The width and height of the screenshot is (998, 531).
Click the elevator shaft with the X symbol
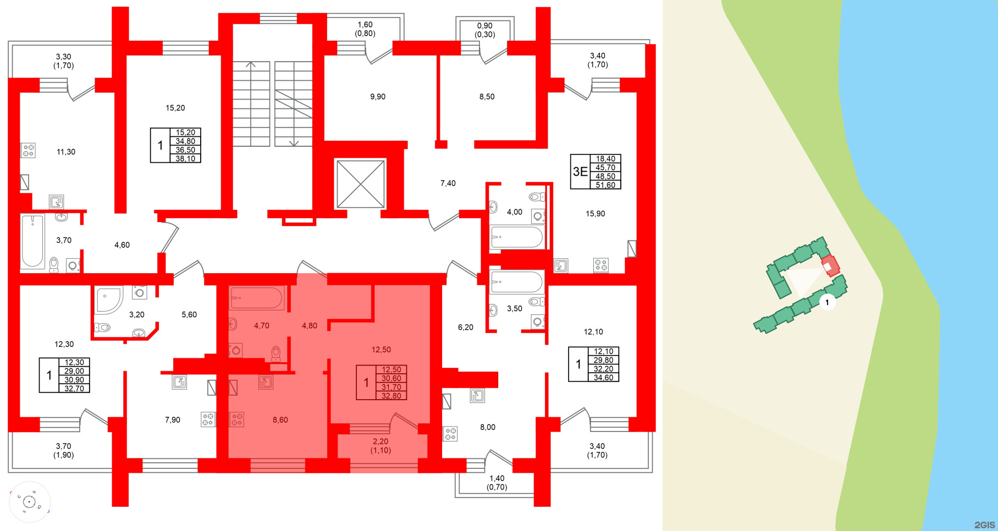coord(360,184)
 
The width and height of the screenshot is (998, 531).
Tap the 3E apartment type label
coord(580,172)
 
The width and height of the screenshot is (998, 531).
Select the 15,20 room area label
coord(175,108)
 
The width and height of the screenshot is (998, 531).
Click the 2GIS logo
coord(984,525)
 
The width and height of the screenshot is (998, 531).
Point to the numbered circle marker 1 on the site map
coord(826,302)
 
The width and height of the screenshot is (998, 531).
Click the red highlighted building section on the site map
coord(830,265)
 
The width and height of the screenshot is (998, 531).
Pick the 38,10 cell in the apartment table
coord(185,159)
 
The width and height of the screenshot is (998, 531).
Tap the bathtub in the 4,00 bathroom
coord(516,238)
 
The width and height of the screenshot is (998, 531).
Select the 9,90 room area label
coord(378,97)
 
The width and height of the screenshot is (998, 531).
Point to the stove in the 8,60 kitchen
coord(236,419)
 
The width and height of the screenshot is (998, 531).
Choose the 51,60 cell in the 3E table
coord(605,185)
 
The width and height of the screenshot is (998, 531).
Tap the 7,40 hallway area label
coord(448,184)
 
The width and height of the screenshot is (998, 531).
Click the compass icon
coord(29,501)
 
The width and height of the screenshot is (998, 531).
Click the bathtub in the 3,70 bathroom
coord(32,241)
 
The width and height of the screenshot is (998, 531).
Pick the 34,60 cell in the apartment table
coord(603,378)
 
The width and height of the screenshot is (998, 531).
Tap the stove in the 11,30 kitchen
coord(28,150)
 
